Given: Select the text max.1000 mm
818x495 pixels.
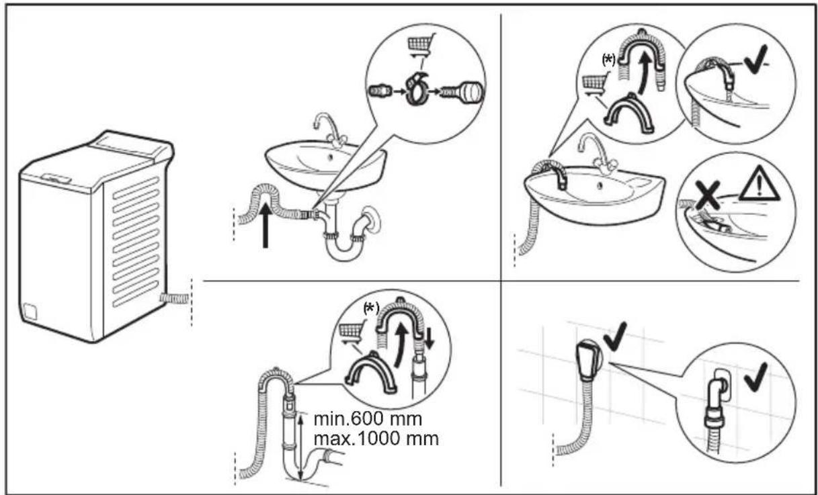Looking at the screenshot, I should coord(376,440).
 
